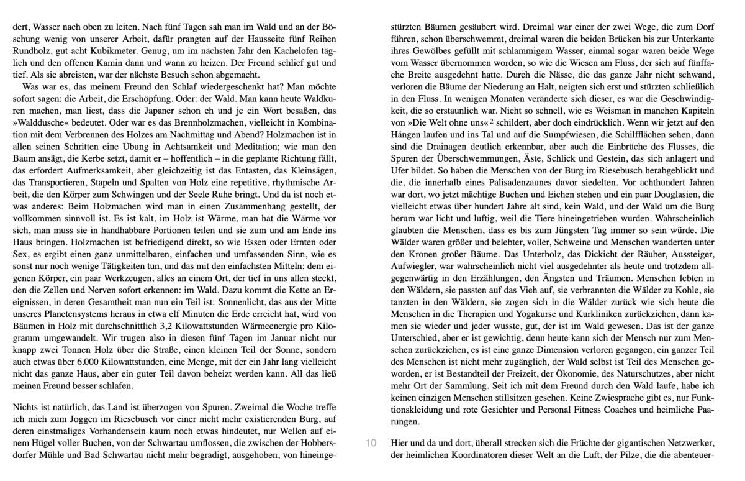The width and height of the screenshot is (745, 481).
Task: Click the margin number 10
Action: [x=371, y=444]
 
